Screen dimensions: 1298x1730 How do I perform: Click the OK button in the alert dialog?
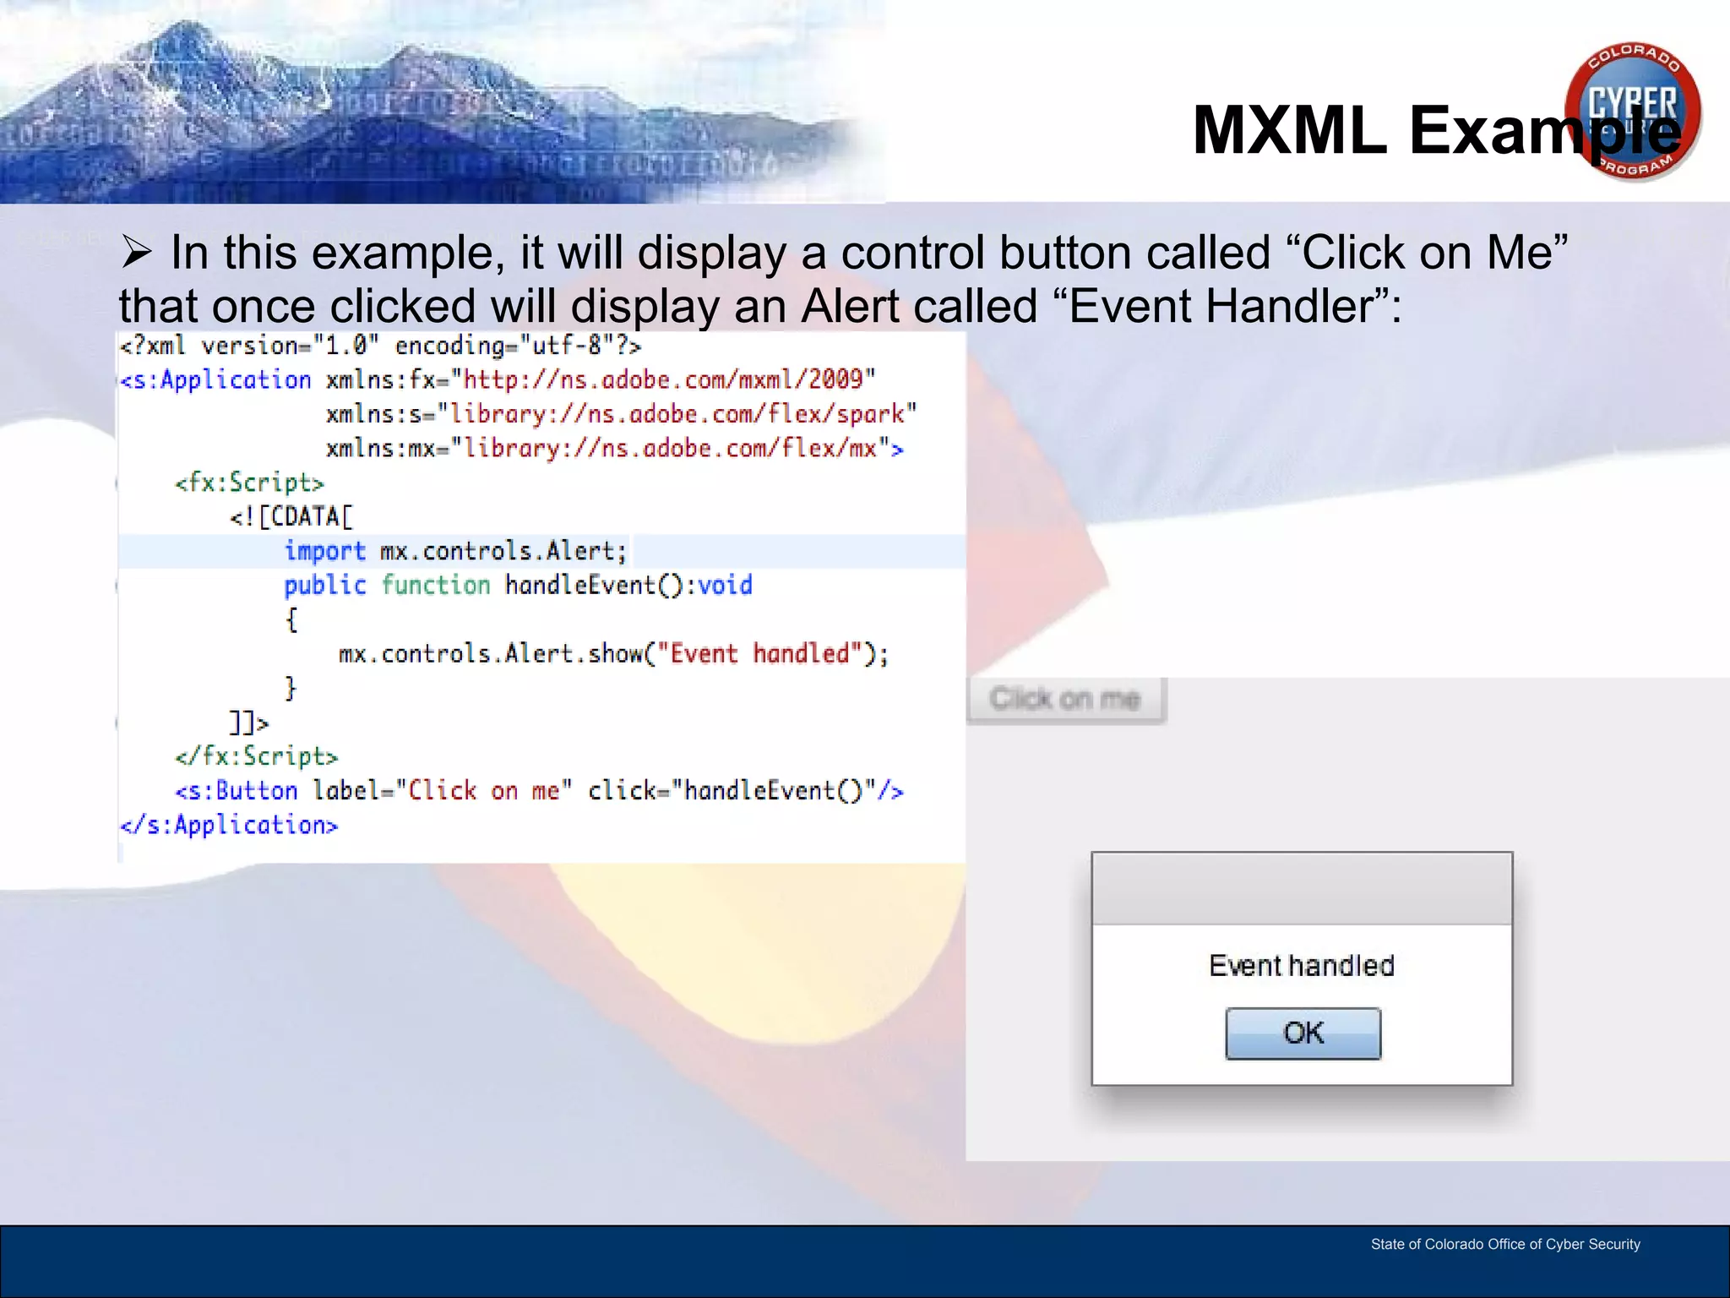(x=1303, y=1033)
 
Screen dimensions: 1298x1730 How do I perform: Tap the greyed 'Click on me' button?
(x=1065, y=700)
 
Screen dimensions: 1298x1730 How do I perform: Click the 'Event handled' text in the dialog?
(x=1301, y=966)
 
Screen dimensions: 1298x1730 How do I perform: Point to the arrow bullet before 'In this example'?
(x=136, y=253)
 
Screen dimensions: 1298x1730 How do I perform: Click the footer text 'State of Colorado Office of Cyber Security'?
(x=1504, y=1244)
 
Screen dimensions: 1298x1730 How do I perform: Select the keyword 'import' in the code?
(x=324, y=551)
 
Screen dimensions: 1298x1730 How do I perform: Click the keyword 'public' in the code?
(x=324, y=585)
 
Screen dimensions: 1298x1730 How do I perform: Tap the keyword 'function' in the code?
(x=435, y=585)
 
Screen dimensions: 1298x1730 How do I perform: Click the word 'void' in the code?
(x=725, y=585)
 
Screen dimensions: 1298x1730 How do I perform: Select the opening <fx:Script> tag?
(x=249, y=483)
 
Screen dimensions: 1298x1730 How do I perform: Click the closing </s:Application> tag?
(x=229, y=825)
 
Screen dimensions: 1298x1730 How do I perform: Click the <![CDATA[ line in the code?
(x=291, y=516)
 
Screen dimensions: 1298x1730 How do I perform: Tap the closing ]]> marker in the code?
(x=248, y=723)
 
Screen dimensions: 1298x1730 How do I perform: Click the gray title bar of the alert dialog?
(x=1301, y=888)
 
